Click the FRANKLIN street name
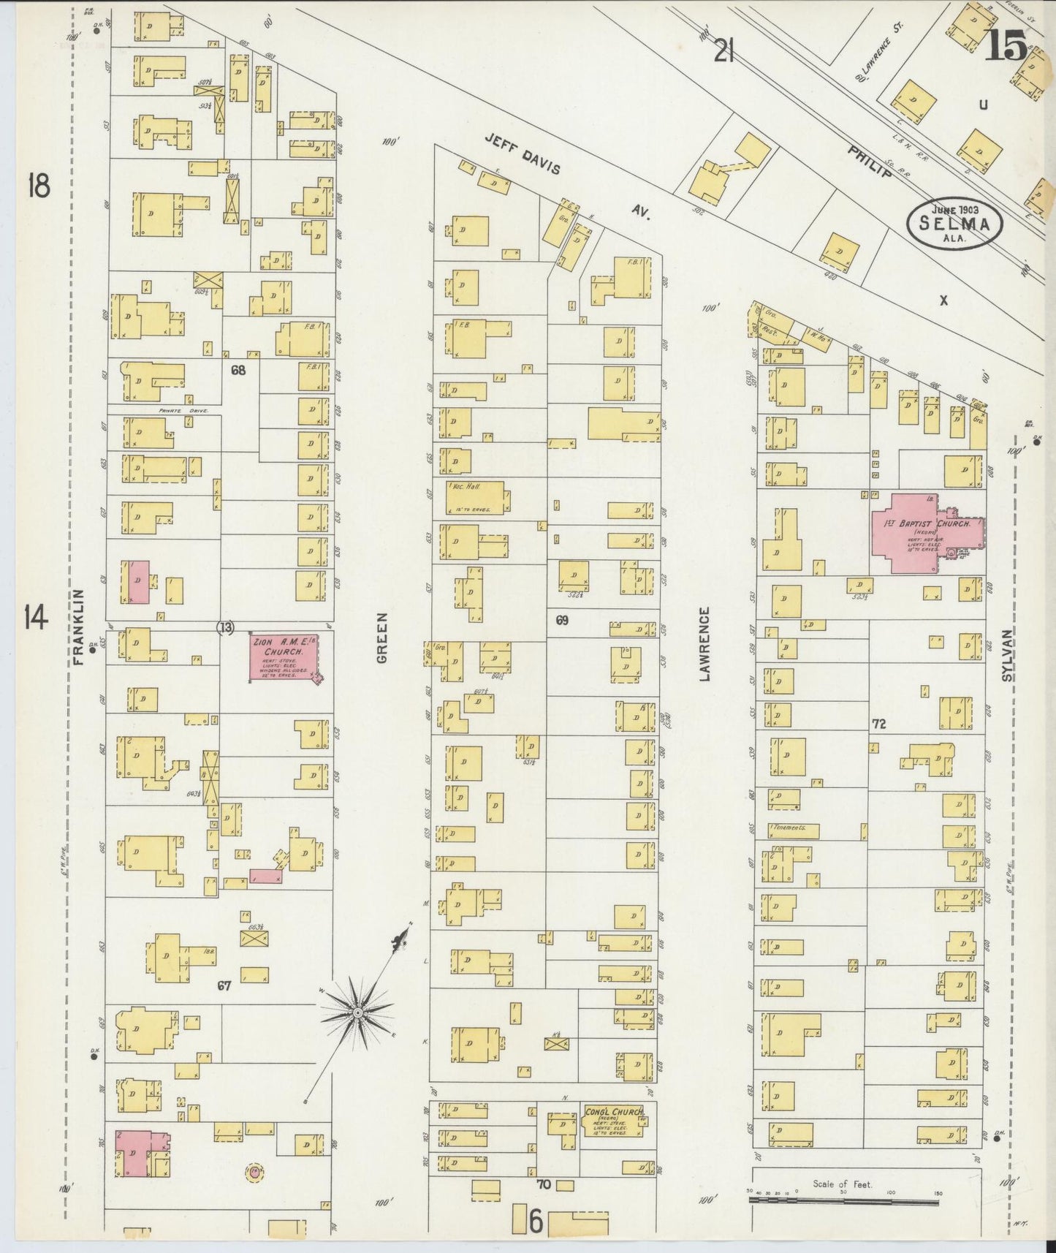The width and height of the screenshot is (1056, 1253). point(80,627)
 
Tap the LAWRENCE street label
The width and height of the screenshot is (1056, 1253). point(705,643)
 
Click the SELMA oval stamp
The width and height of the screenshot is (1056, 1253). point(954,224)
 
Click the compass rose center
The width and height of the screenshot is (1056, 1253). point(358,1012)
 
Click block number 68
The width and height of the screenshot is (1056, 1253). point(238,370)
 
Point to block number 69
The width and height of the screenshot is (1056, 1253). point(561,621)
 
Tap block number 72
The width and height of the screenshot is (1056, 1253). point(878,724)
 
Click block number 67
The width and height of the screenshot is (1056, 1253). point(224,985)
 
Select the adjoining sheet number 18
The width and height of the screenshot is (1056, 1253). point(38,186)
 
